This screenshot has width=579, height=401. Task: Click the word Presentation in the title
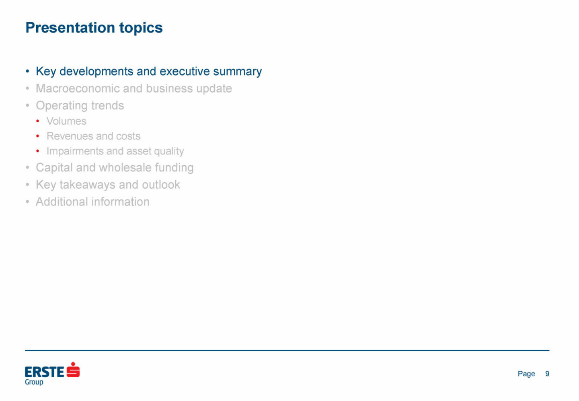click(70, 27)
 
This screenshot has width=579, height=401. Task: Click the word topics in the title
click(141, 28)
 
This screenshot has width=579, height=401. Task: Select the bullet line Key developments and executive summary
click(149, 72)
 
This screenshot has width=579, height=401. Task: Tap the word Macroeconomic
click(78, 88)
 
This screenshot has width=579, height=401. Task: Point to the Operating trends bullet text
click(80, 106)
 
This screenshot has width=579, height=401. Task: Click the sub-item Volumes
click(66, 121)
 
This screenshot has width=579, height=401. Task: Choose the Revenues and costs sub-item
click(93, 136)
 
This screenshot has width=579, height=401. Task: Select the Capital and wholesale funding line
click(115, 168)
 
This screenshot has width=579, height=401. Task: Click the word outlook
click(161, 185)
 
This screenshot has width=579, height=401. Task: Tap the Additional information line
click(92, 202)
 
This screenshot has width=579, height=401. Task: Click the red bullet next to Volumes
click(38, 121)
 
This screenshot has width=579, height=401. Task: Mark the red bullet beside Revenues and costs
click(38, 136)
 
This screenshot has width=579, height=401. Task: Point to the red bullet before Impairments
click(38, 151)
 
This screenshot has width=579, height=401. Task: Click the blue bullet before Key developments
click(27, 71)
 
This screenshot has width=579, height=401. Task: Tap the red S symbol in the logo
click(73, 370)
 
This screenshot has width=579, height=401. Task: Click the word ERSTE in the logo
click(45, 372)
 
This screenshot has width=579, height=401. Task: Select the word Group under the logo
click(34, 382)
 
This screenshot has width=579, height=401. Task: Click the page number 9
click(547, 374)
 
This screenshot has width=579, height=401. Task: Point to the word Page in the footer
click(526, 374)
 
